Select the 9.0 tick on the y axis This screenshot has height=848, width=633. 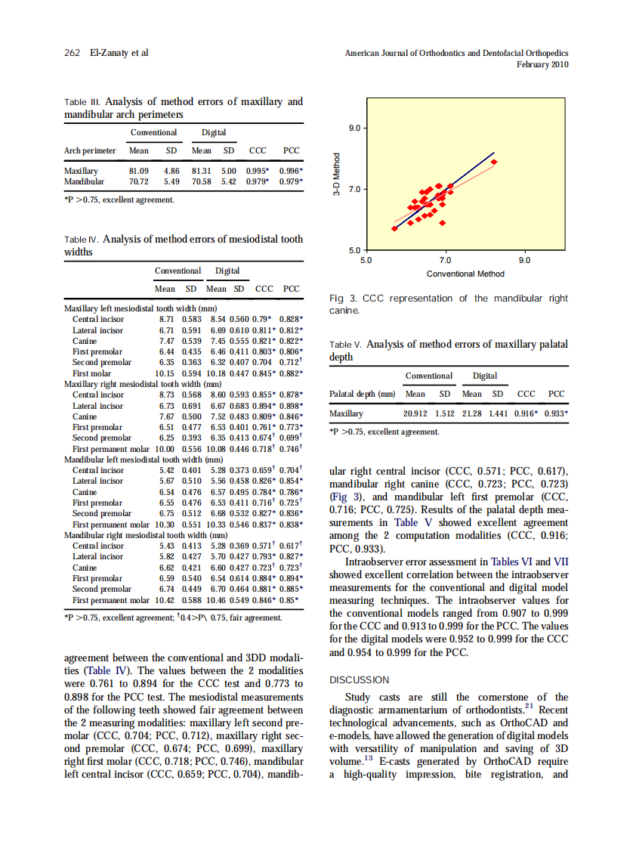click(355, 128)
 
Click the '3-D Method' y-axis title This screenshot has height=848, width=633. click(338, 175)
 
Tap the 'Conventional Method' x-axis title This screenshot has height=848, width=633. click(465, 274)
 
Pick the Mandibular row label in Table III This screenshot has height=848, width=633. click(85, 182)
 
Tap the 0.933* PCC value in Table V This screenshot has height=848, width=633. click(557, 414)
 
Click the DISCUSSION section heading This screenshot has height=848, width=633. click(360, 680)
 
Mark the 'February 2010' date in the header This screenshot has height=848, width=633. click(542, 65)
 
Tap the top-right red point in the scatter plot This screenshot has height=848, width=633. click(494, 161)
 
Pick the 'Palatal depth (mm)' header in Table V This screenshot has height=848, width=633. click(363, 394)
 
